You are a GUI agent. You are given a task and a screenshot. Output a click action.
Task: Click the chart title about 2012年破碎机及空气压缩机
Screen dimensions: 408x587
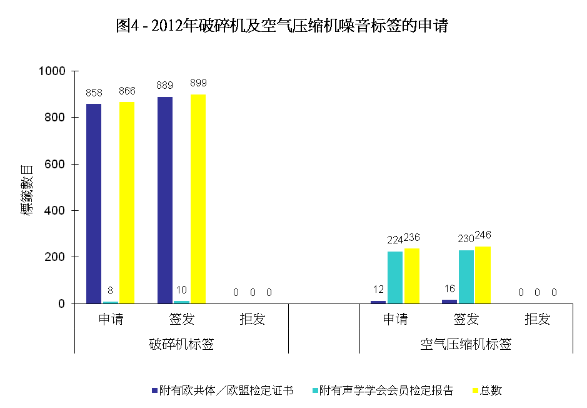click(x=282, y=26)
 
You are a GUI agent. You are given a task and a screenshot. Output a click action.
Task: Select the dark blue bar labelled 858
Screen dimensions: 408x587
click(x=94, y=203)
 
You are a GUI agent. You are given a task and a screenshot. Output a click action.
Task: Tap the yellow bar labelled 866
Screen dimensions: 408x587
click(x=127, y=203)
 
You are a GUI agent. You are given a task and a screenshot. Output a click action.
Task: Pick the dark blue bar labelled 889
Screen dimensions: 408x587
click(x=165, y=200)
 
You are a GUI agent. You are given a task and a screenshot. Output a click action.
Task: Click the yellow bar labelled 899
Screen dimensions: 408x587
click(x=198, y=199)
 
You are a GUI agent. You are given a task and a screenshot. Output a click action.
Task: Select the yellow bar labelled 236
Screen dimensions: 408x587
click(x=412, y=276)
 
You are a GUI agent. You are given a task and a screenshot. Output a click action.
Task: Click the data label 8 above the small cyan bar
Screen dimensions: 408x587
click(x=111, y=290)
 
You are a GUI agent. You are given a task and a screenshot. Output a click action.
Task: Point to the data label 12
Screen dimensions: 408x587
click(x=378, y=289)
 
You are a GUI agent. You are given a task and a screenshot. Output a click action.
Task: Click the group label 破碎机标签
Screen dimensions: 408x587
click(x=181, y=344)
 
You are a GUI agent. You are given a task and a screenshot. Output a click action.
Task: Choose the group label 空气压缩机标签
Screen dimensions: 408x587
click(x=466, y=344)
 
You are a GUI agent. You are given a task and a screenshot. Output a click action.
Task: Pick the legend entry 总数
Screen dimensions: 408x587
click(x=491, y=390)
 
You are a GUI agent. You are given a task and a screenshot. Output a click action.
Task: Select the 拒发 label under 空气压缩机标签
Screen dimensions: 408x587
click(x=537, y=319)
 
